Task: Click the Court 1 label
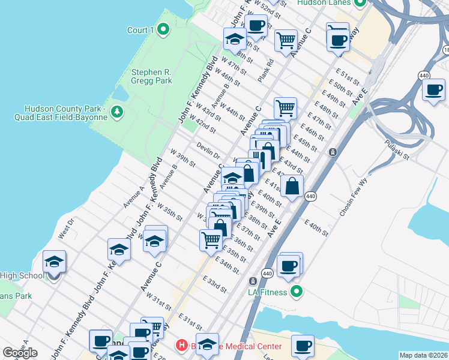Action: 140,30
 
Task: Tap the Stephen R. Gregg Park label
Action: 151,76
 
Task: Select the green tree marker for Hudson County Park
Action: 118,112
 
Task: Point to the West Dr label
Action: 65,230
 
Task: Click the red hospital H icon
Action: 181,346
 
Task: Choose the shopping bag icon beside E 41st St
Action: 292,187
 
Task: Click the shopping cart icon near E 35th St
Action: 211,239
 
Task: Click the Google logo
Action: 20,352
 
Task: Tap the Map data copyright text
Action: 424,355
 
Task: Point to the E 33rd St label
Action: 214,285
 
